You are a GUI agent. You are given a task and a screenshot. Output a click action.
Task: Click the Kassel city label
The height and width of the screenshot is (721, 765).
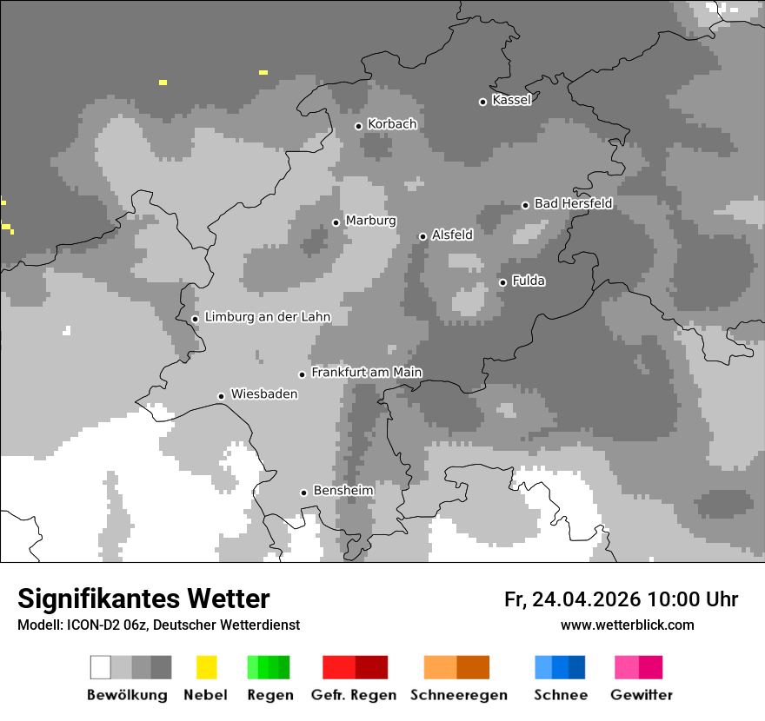tap(511, 100)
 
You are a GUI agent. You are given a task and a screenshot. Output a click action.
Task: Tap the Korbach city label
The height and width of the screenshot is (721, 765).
tap(392, 124)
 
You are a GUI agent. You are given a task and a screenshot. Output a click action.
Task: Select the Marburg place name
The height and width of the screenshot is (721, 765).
tap(370, 221)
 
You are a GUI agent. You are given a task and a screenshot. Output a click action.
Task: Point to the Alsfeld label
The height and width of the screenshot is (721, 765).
tap(452, 235)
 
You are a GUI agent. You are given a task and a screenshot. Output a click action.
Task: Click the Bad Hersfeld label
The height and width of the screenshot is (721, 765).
tap(573, 203)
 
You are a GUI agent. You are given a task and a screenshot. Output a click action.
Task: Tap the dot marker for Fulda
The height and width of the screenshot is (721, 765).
tap(502, 282)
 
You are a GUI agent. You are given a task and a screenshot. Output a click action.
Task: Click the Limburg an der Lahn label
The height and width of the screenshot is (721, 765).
tap(267, 317)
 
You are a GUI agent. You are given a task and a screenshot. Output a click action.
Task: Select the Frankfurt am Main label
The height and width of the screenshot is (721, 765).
tap(366, 373)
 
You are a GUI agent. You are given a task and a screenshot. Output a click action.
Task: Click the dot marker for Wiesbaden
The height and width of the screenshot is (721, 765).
tap(221, 396)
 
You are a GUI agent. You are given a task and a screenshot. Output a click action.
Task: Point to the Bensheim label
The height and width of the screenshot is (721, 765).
tap(343, 491)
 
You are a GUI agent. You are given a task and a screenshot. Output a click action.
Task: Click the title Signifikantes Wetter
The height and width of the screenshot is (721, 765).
tap(143, 599)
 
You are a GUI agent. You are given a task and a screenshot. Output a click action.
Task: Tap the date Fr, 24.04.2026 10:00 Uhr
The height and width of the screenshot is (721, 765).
tap(621, 599)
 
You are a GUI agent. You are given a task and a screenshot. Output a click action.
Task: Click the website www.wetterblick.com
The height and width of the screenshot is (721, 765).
tap(627, 625)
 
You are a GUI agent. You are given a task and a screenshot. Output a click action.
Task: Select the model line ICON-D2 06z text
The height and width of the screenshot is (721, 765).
tap(158, 625)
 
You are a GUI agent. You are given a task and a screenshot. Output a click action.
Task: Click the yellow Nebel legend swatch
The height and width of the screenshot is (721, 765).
tap(206, 667)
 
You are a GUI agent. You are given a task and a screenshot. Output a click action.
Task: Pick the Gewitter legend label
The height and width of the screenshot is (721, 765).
tap(641, 695)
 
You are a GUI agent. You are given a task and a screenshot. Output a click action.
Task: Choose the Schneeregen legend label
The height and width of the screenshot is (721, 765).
tap(458, 695)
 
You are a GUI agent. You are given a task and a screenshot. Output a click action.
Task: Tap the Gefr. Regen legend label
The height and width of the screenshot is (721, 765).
tap(353, 695)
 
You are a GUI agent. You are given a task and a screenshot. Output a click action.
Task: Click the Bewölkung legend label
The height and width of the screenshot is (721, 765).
tap(127, 695)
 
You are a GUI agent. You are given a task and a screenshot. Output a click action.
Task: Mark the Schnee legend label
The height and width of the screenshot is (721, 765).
tap(560, 695)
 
